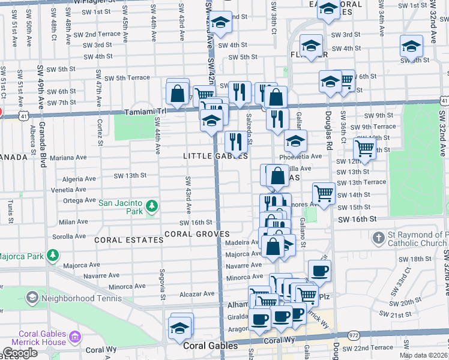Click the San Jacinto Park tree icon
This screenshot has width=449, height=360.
pos(152,206)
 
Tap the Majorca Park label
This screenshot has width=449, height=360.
pos(22,257)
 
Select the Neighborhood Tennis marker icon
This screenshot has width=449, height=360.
pos(31,298)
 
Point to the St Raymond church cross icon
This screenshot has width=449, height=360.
pos(378,238)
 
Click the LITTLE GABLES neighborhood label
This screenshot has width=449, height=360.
pos(215,156)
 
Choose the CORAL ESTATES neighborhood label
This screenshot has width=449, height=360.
pos(138,240)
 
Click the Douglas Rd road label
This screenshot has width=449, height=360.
pos(329,130)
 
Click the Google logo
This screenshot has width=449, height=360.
pos(20,353)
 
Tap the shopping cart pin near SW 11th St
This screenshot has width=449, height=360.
pos(364,148)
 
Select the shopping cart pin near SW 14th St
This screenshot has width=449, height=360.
pos(324,193)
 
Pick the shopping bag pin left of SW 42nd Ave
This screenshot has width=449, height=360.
pos(178,93)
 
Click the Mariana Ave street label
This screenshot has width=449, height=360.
pos(68,158)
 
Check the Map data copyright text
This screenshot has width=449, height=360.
pos(423,355)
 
